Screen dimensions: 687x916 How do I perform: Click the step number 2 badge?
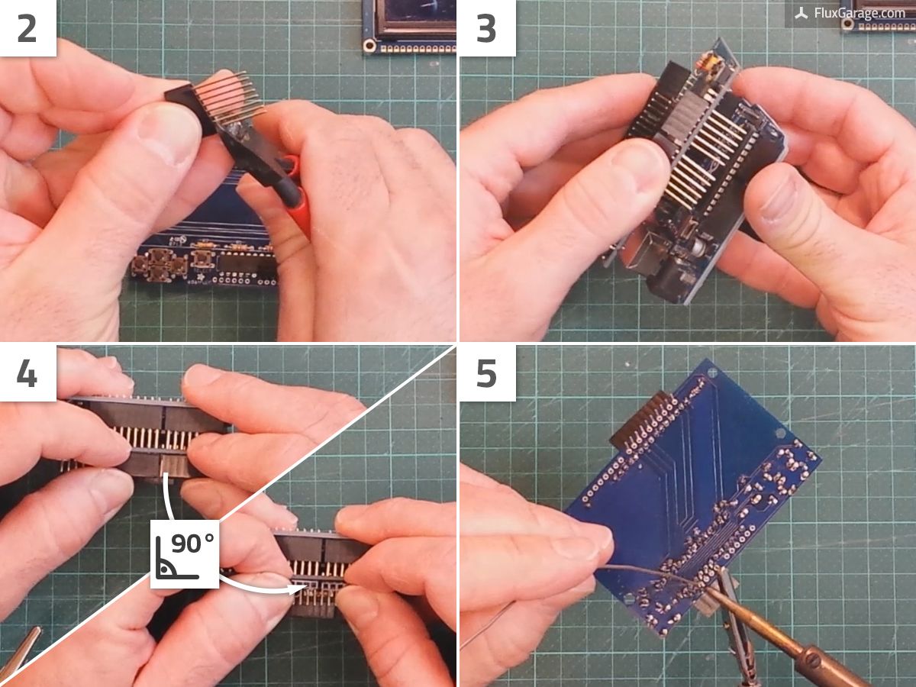coord(27,28)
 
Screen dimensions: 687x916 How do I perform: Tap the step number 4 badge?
coord(27,373)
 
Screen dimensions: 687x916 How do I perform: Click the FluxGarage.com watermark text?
coord(859,13)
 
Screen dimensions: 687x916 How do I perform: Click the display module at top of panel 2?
coord(408,23)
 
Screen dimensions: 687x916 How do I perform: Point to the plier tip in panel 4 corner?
coord(19,649)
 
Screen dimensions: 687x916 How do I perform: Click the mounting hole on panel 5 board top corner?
coord(713,373)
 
